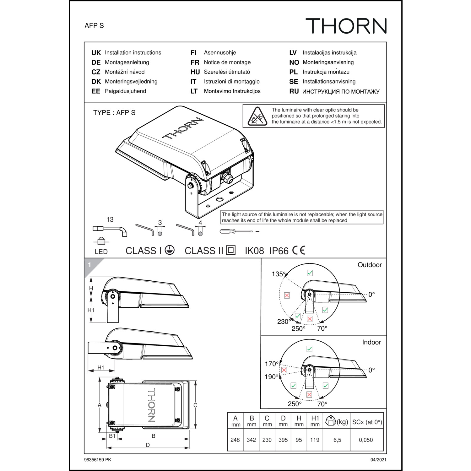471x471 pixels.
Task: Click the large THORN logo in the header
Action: (x=346, y=26)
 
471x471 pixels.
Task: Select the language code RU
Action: (x=294, y=91)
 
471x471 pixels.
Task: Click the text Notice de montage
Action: (x=227, y=62)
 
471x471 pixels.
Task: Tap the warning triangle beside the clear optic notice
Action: (x=257, y=116)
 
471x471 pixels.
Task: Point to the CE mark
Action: (x=299, y=250)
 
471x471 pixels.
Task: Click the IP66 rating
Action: (x=279, y=251)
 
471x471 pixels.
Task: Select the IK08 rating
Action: (x=254, y=251)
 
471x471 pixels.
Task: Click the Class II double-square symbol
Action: (x=231, y=250)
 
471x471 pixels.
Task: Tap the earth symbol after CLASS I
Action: (x=170, y=250)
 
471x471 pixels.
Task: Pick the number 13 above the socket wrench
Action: (x=110, y=219)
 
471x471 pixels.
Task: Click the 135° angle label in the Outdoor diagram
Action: (x=279, y=274)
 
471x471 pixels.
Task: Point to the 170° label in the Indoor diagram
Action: (x=272, y=364)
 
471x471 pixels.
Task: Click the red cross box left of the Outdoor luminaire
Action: (x=287, y=295)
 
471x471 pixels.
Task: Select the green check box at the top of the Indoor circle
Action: (x=309, y=349)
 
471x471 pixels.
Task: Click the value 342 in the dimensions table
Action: (x=251, y=440)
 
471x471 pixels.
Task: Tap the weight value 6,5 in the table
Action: (x=337, y=440)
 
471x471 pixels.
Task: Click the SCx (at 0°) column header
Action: (x=367, y=422)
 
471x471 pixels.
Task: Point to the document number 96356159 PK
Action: (x=98, y=460)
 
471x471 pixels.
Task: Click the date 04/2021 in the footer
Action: (x=378, y=460)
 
